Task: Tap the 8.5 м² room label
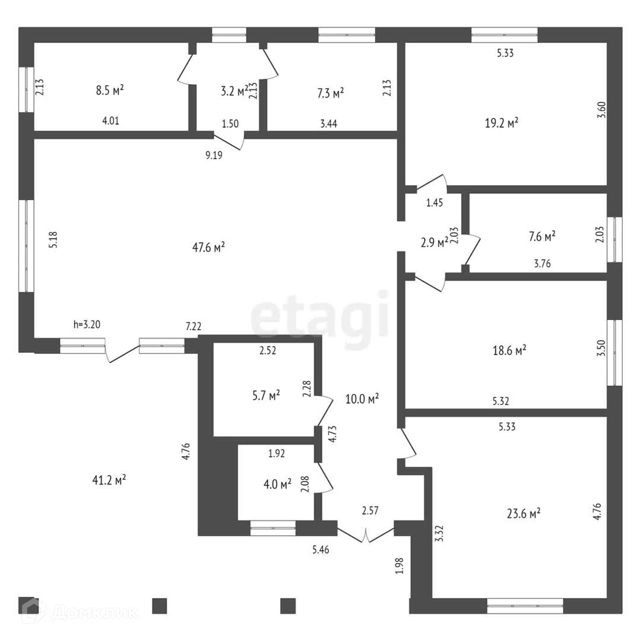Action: click(x=110, y=90)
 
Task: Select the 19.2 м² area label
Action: click(x=501, y=123)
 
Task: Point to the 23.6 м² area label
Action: click(x=523, y=513)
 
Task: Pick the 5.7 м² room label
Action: click(x=266, y=396)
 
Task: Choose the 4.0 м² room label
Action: click(x=277, y=484)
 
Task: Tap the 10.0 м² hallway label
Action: click(x=362, y=399)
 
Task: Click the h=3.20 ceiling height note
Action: click(x=87, y=324)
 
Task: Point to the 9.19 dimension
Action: click(x=214, y=155)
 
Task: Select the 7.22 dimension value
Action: click(x=194, y=326)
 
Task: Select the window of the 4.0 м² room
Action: click(x=273, y=528)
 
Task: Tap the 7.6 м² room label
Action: click(x=542, y=236)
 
